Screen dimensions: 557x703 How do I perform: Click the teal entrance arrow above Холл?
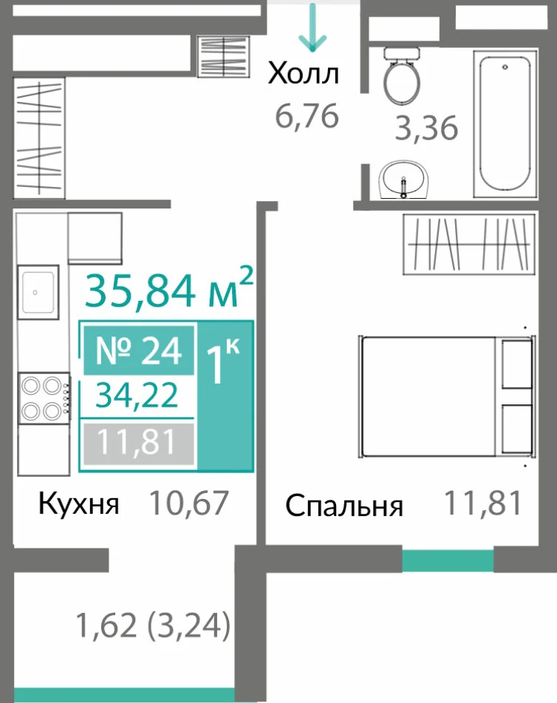[x=312, y=26]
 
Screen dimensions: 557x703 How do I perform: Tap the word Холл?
[x=304, y=73]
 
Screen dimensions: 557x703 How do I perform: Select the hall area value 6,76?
[x=307, y=116]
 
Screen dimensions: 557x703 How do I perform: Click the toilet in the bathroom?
[x=402, y=75]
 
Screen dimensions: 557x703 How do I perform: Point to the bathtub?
[x=505, y=123]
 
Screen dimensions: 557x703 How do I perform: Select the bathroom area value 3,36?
[x=426, y=128]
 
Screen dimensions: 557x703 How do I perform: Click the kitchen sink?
[x=38, y=292]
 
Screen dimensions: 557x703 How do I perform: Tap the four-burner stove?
[x=44, y=398]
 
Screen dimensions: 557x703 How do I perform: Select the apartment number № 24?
[x=139, y=350]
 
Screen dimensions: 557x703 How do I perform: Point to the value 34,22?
[x=137, y=396]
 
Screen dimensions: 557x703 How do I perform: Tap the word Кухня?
[x=79, y=504]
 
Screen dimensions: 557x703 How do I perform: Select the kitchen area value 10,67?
[x=188, y=503]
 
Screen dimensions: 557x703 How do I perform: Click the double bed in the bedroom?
[x=447, y=396]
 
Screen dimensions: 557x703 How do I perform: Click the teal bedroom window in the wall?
[x=448, y=560]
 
